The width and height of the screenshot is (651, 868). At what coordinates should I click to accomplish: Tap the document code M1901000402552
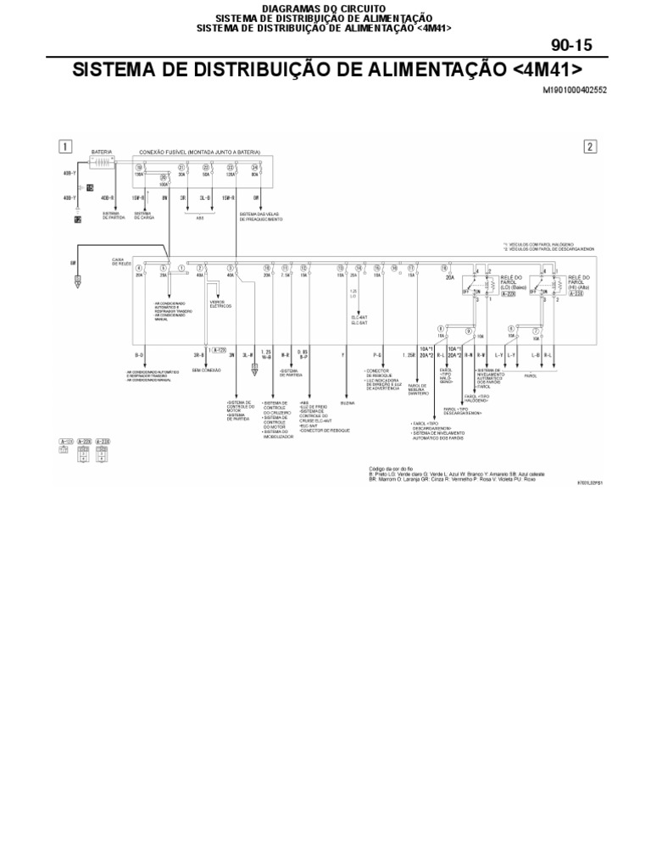coord(575,89)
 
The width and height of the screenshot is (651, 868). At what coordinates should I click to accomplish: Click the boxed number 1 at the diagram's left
coord(65,146)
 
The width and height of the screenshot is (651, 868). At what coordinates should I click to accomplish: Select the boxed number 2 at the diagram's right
coord(590,147)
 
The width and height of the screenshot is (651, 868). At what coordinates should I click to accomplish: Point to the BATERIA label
coord(101,153)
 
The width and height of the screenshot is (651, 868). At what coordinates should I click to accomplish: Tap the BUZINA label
coord(348,403)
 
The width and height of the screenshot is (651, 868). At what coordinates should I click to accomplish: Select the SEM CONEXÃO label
coord(208,371)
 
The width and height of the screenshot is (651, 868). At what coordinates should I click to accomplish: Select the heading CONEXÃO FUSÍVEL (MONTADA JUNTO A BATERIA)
coord(200,153)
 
